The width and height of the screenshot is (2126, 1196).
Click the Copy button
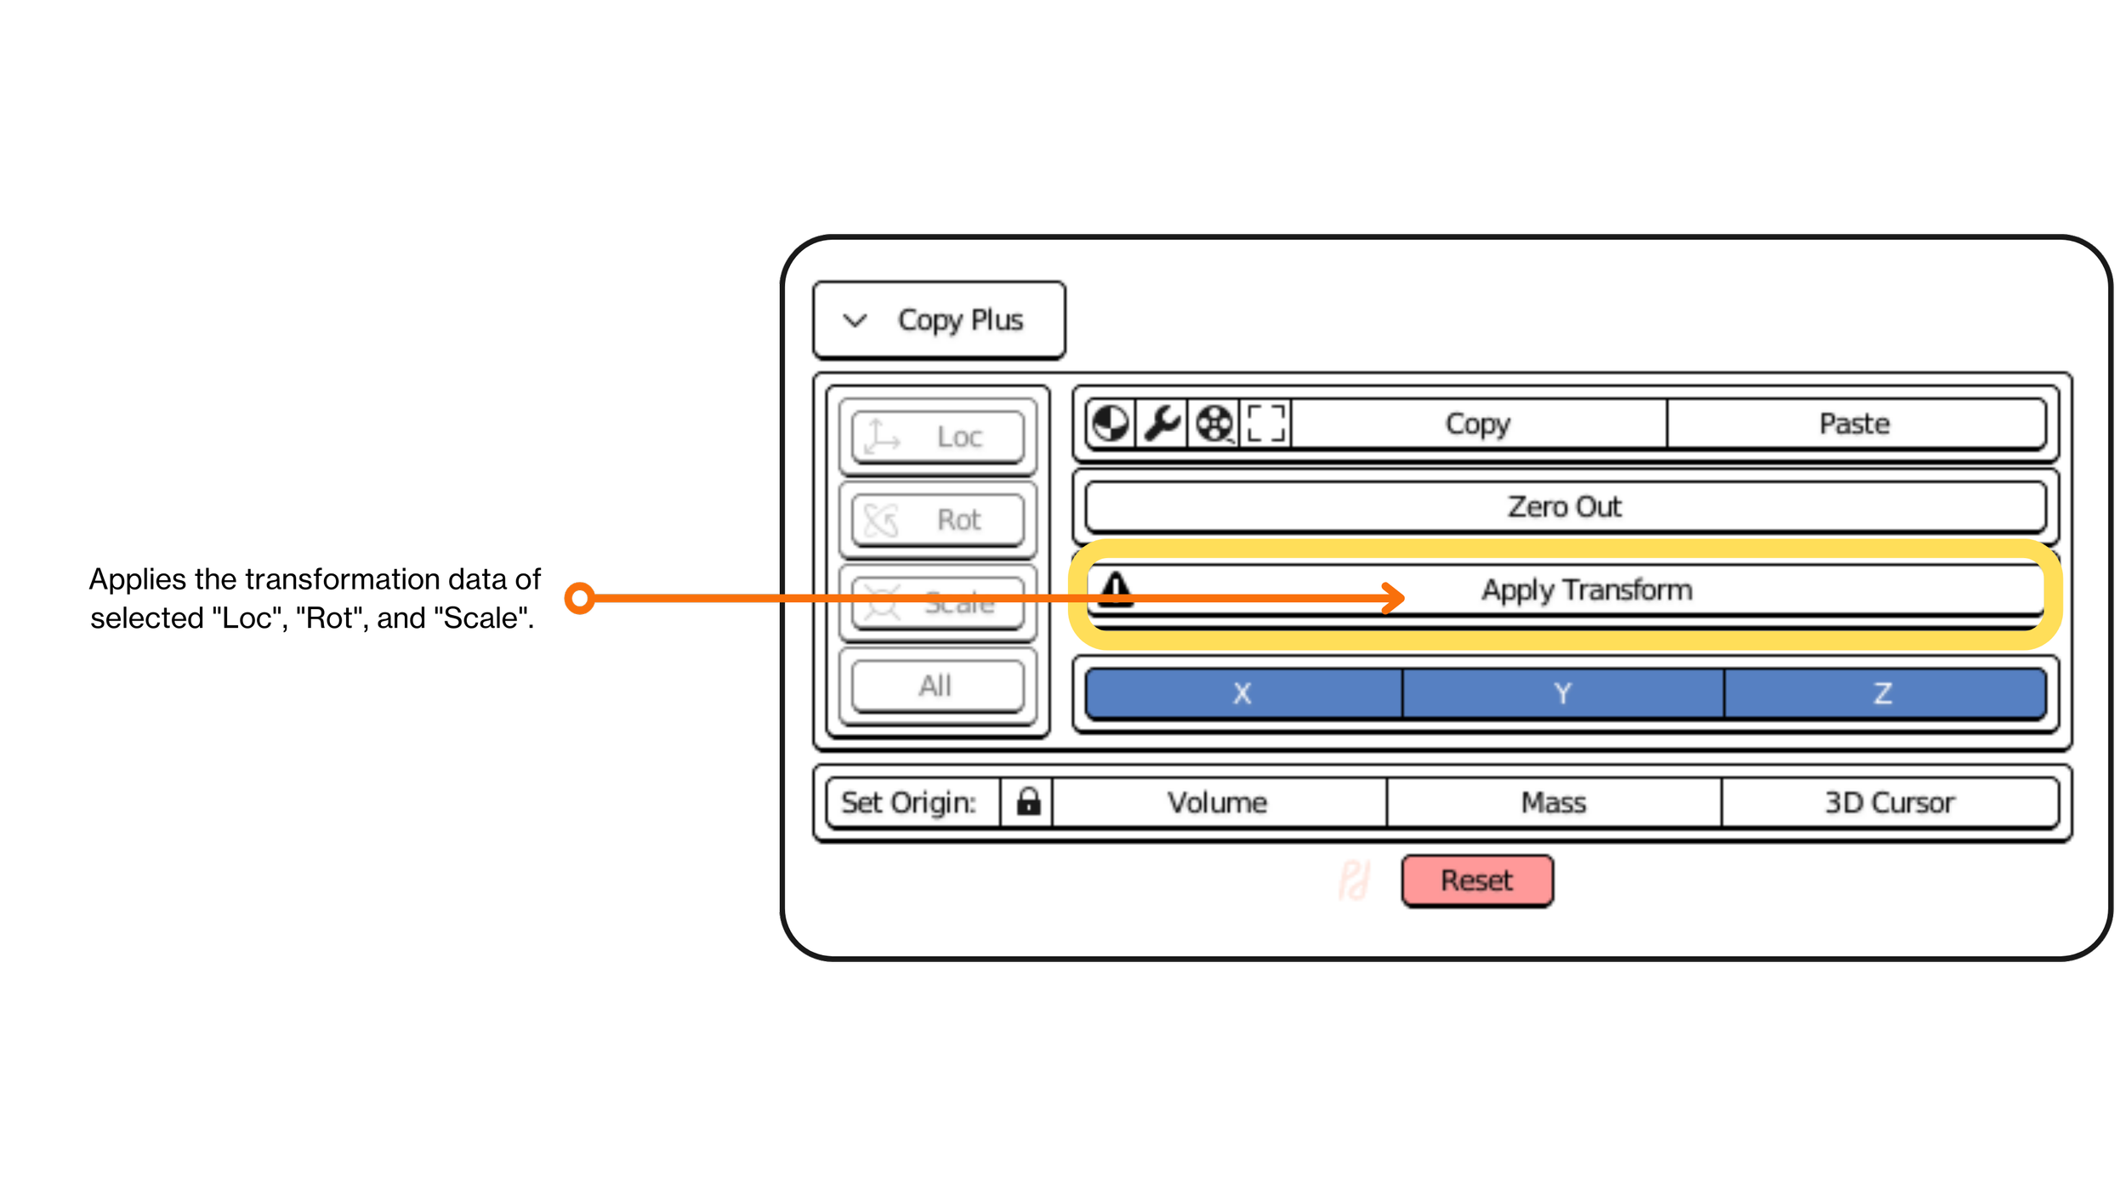click(x=1478, y=424)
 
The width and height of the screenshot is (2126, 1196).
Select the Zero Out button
click(x=1565, y=507)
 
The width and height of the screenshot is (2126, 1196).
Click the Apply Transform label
click(x=1587, y=589)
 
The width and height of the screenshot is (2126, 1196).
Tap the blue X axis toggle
click(x=1242, y=693)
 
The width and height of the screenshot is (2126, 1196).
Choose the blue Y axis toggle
click(x=1563, y=693)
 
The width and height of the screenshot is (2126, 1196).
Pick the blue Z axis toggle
click(x=1884, y=693)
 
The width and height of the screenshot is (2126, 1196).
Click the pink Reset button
click(x=1477, y=880)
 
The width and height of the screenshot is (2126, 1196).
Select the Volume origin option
click(x=1217, y=802)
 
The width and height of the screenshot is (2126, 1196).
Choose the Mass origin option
click(x=1554, y=802)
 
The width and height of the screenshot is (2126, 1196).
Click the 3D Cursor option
click(x=1890, y=802)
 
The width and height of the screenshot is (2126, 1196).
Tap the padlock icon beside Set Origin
click(x=1028, y=801)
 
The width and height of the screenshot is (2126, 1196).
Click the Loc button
click(x=938, y=437)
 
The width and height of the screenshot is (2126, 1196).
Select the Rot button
click(x=938, y=520)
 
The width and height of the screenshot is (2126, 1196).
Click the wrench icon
click(x=1162, y=423)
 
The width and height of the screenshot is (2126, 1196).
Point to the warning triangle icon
click(x=1116, y=588)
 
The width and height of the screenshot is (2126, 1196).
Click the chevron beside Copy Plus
click(x=855, y=321)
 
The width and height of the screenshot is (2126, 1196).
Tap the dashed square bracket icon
click(x=1265, y=423)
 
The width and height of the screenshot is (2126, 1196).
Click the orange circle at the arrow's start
click(x=580, y=598)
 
